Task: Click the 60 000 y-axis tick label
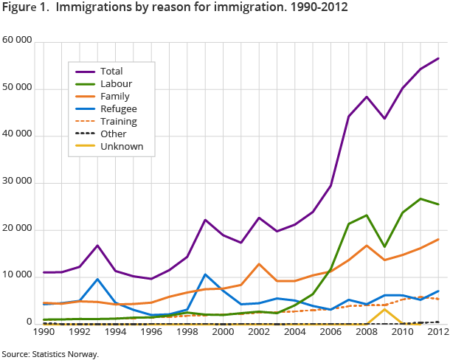coord(17,41)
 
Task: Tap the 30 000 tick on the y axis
coord(17,182)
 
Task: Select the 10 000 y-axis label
coord(17,276)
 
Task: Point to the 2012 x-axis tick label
coord(438,333)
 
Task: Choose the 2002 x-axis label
coord(259,333)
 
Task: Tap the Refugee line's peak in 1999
coord(206,274)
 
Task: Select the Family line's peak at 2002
coord(259,263)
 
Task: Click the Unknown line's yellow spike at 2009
coord(384,309)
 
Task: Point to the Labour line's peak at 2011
coord(420,198)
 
